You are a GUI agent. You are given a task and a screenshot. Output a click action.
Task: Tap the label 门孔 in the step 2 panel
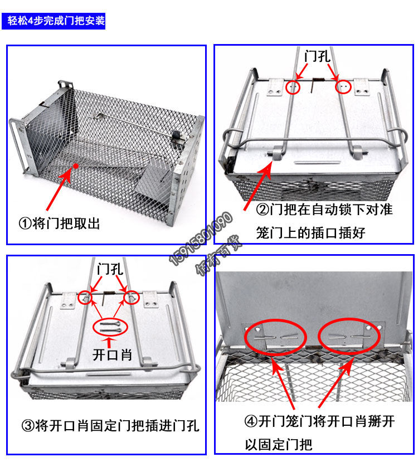(x=318, y=56)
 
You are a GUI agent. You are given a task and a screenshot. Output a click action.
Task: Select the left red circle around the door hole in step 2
(x=293, y=87)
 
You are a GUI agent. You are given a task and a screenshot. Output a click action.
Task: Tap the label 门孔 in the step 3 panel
(x=109, y=269)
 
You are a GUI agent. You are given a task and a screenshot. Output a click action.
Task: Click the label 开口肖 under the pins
(x=112, y=354)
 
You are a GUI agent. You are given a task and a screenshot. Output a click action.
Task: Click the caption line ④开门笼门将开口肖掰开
(x=319, y=421)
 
